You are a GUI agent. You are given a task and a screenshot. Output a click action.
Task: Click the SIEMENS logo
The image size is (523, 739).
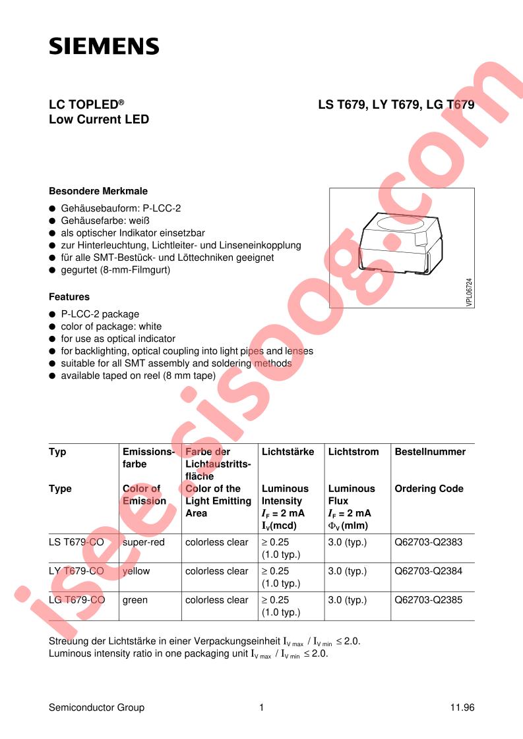coord(104,45)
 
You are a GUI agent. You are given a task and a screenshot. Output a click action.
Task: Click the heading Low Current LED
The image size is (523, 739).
coord(99,120)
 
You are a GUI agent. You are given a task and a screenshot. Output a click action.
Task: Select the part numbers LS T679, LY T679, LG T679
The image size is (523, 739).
coord(396,104)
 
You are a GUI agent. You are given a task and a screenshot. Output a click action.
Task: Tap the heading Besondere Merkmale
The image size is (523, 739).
coord(98,191)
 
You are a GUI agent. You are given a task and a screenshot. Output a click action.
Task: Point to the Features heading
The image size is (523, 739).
coord(69,297)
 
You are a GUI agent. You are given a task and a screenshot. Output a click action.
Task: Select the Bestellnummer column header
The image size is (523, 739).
coord(430,452)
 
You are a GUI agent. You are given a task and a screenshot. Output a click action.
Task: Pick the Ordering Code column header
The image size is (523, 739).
coord(429,489)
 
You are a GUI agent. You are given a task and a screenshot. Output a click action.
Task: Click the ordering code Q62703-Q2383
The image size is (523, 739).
coord(429,542)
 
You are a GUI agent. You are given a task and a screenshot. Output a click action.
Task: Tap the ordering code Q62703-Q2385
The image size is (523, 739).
coord(429,600)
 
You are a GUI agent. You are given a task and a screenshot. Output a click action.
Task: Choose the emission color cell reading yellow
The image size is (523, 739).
coord(137,571)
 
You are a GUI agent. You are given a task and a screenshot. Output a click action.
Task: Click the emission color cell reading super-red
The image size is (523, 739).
coord(144,542)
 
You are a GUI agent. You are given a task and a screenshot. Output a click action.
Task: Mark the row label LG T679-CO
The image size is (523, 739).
coord(77,600)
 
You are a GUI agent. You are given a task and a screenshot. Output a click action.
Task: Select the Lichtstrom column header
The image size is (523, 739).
coord(354,452)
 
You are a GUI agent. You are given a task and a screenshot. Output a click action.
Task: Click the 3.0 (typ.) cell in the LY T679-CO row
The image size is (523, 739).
coord(347,571)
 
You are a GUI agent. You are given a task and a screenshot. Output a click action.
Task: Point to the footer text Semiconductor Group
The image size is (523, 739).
coord(96,707)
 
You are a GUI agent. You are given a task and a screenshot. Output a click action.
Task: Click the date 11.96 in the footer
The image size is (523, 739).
coord(462,707)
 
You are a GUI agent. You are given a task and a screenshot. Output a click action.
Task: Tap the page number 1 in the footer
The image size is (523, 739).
coord(262,707)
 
